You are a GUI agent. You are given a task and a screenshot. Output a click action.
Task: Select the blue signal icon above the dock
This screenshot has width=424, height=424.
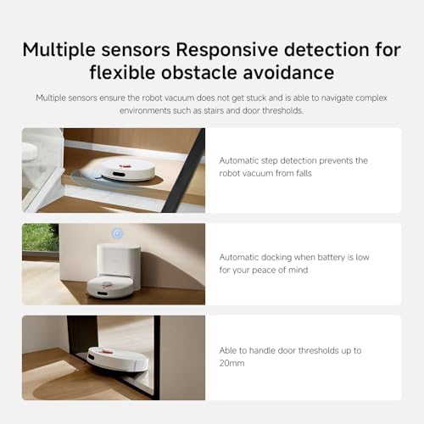[118, 232]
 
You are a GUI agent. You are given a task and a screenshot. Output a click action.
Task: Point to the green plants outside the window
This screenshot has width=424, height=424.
[39, 237]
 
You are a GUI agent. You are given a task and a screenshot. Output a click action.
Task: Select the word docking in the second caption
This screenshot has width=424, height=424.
[287, 255]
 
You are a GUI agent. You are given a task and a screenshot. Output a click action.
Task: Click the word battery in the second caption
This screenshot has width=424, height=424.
[338, 255]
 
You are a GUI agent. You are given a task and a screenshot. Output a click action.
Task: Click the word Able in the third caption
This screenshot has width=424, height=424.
[230, 349]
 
